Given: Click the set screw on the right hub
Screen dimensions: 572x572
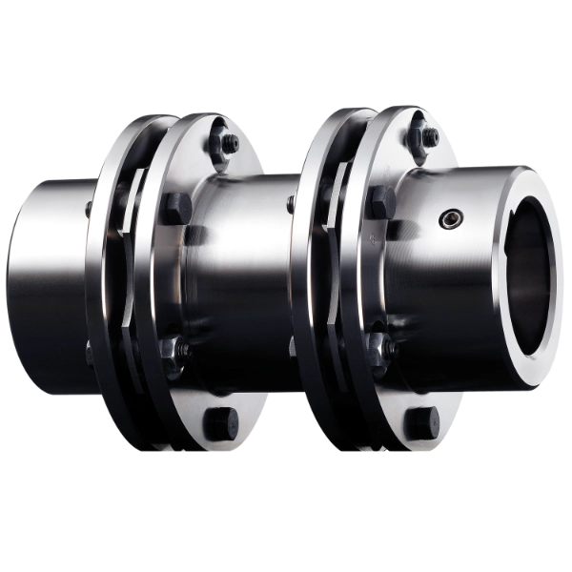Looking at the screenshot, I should [448, 219].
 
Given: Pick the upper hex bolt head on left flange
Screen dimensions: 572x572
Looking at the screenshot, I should [177, 205].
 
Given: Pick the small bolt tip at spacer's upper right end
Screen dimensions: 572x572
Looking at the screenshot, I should [290, 201].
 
